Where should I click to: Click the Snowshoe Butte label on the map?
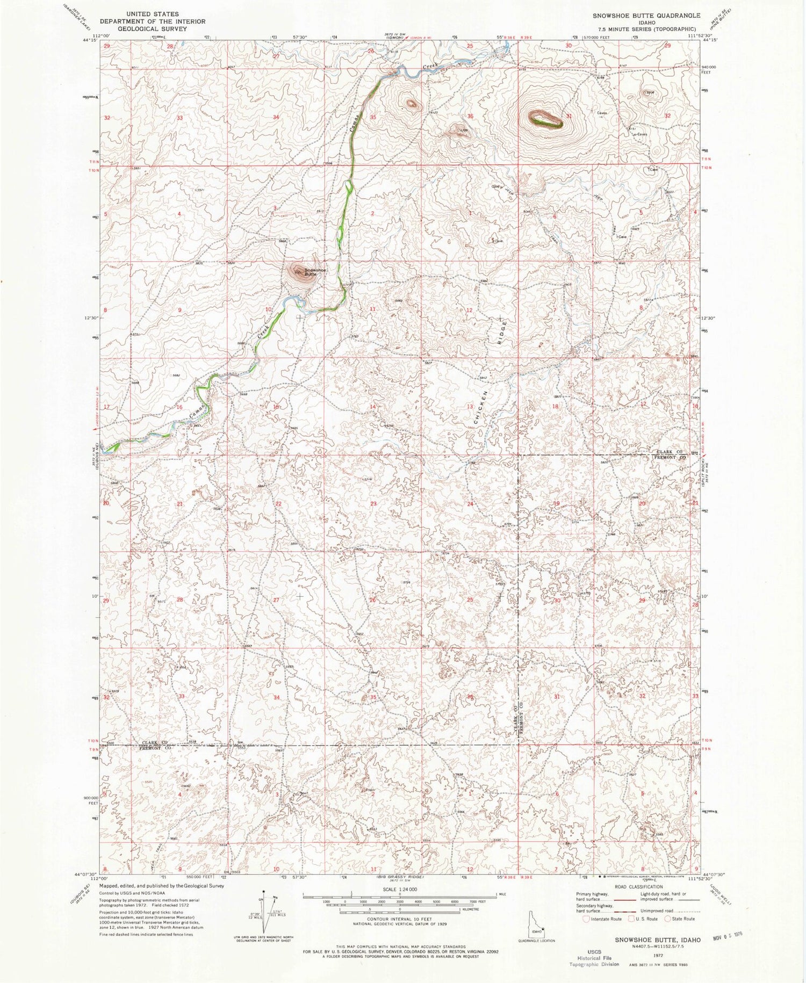click(x=315, y=272)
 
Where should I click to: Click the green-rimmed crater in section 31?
click(x=545, y=119)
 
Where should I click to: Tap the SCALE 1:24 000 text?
click(x=399, y=890)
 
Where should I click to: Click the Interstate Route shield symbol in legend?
click(x=586, y=919)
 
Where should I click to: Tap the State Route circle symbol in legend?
click(x=670, y=919)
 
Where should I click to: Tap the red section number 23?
click(x=373, y=503)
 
